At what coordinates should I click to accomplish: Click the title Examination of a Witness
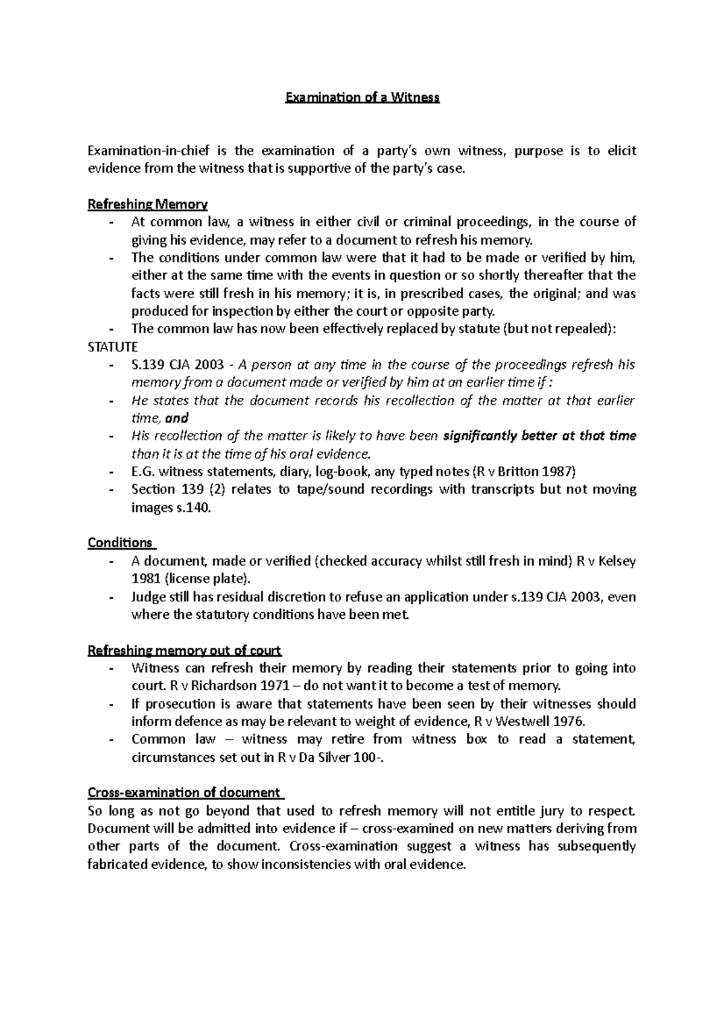pyautogui.click(x=362, y=97)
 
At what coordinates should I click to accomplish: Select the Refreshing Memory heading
pyautogui.click(x=148, y=204)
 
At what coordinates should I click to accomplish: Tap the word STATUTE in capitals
pyautogui.click(x=113, y=347)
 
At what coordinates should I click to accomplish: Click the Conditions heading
pyautogui.click(x=120, y=543)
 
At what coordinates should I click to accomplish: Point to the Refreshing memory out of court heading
pyautogui.click(x=185, y=651)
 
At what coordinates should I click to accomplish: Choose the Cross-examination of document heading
pyautogui.click(x=184, y=793)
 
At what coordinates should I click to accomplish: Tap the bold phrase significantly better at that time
pyautogui.click(x=539, y=436)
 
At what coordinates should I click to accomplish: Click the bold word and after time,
pyautogui.click(x=177, y=418)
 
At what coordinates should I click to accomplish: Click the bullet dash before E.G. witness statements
pyautogui.click(x=112, y=472)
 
